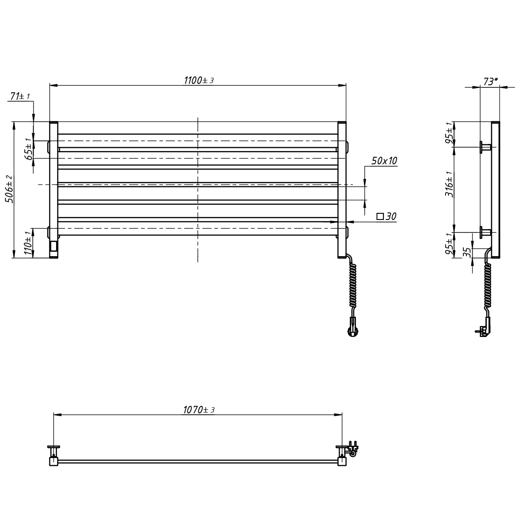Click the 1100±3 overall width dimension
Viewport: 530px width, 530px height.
click(x=199, y=80)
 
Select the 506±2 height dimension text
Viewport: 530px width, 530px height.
click(x=10, y=189)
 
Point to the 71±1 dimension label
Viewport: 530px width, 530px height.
click(x=20, y=96)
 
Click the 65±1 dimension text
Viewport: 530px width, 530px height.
click(x=29, y=149)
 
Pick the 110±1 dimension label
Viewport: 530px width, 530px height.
click(x=28, y=243)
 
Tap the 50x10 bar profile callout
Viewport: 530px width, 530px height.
click(x=384, y=161)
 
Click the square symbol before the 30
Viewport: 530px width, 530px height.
click(x=380, y=216)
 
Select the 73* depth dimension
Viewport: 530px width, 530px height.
click(x=490, y=81)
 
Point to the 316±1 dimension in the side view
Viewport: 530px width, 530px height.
click(x=449, y=184)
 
